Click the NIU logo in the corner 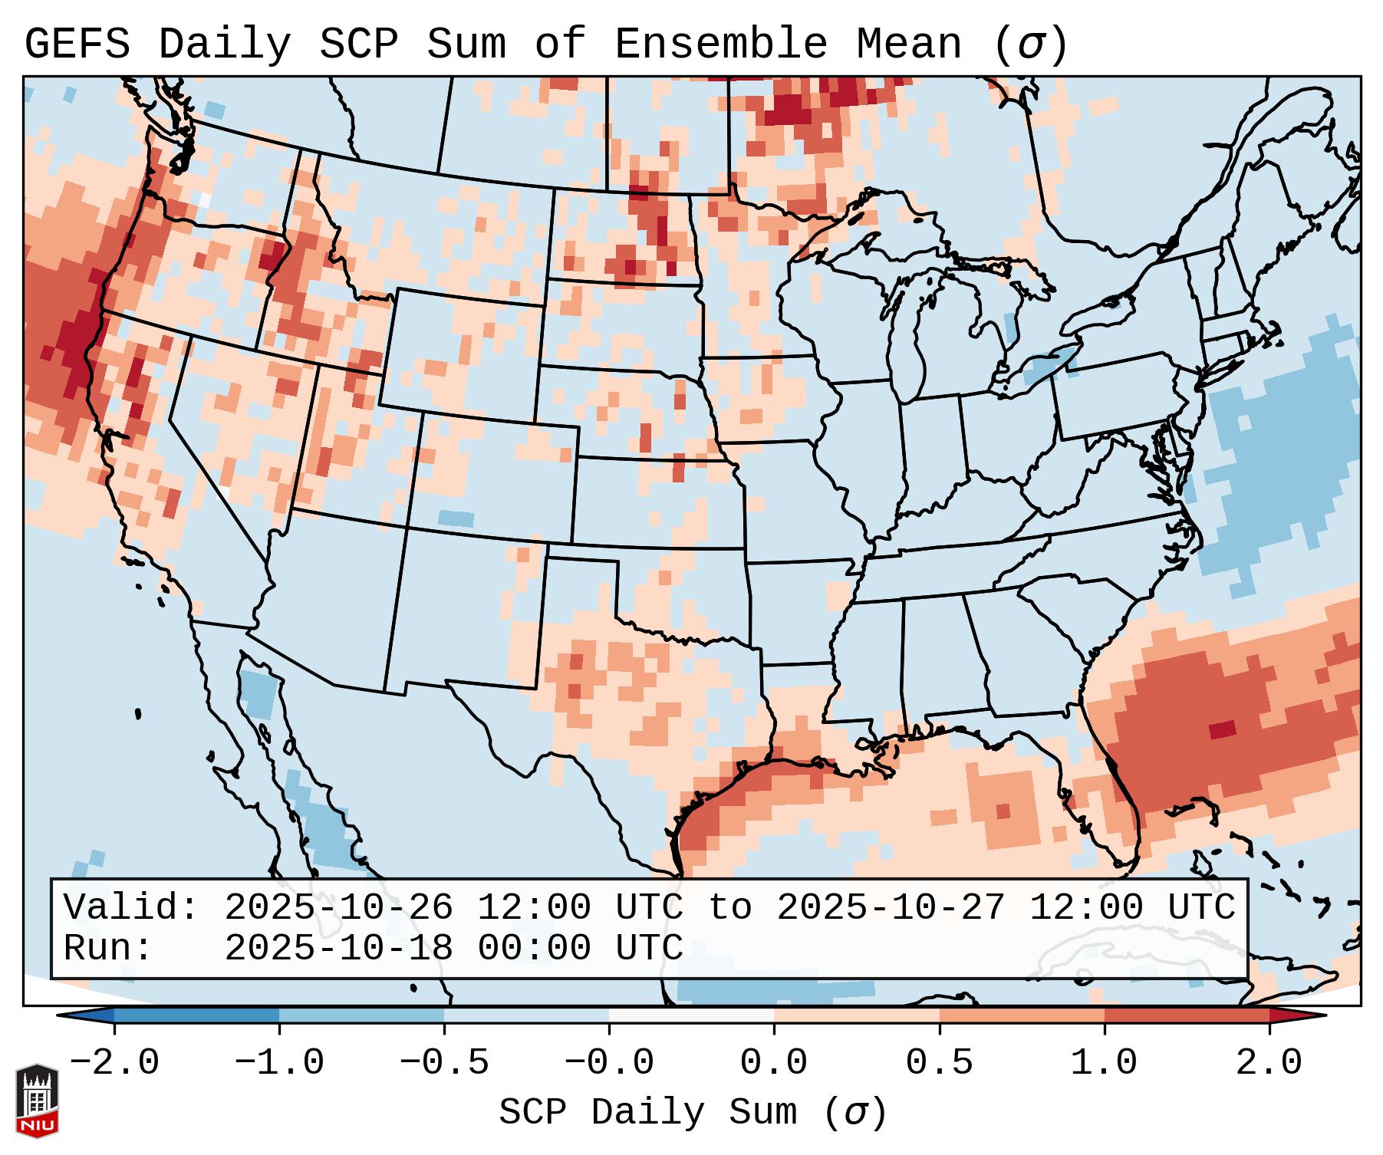click(x=37, y=1100)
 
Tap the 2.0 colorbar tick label click(x=1269, y=1063)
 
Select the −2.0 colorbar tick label click(x=114, y=1063)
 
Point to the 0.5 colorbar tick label click(x=939, y=1063)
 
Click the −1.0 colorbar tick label click(x=279, y=1063)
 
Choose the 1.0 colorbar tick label click(x=1104, y=1063)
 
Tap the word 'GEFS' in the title click(x=77, y=44)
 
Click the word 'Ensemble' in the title click(x=720, y=44)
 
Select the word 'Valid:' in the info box click(x=131, y=907)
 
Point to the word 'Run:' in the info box click(x=108, y=948)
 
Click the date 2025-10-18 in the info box click(x=338, y=948)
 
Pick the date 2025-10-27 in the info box click(x=891, y=907)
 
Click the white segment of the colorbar click(x=691, y=1015)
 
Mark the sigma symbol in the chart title click(x=1030, y=44)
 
